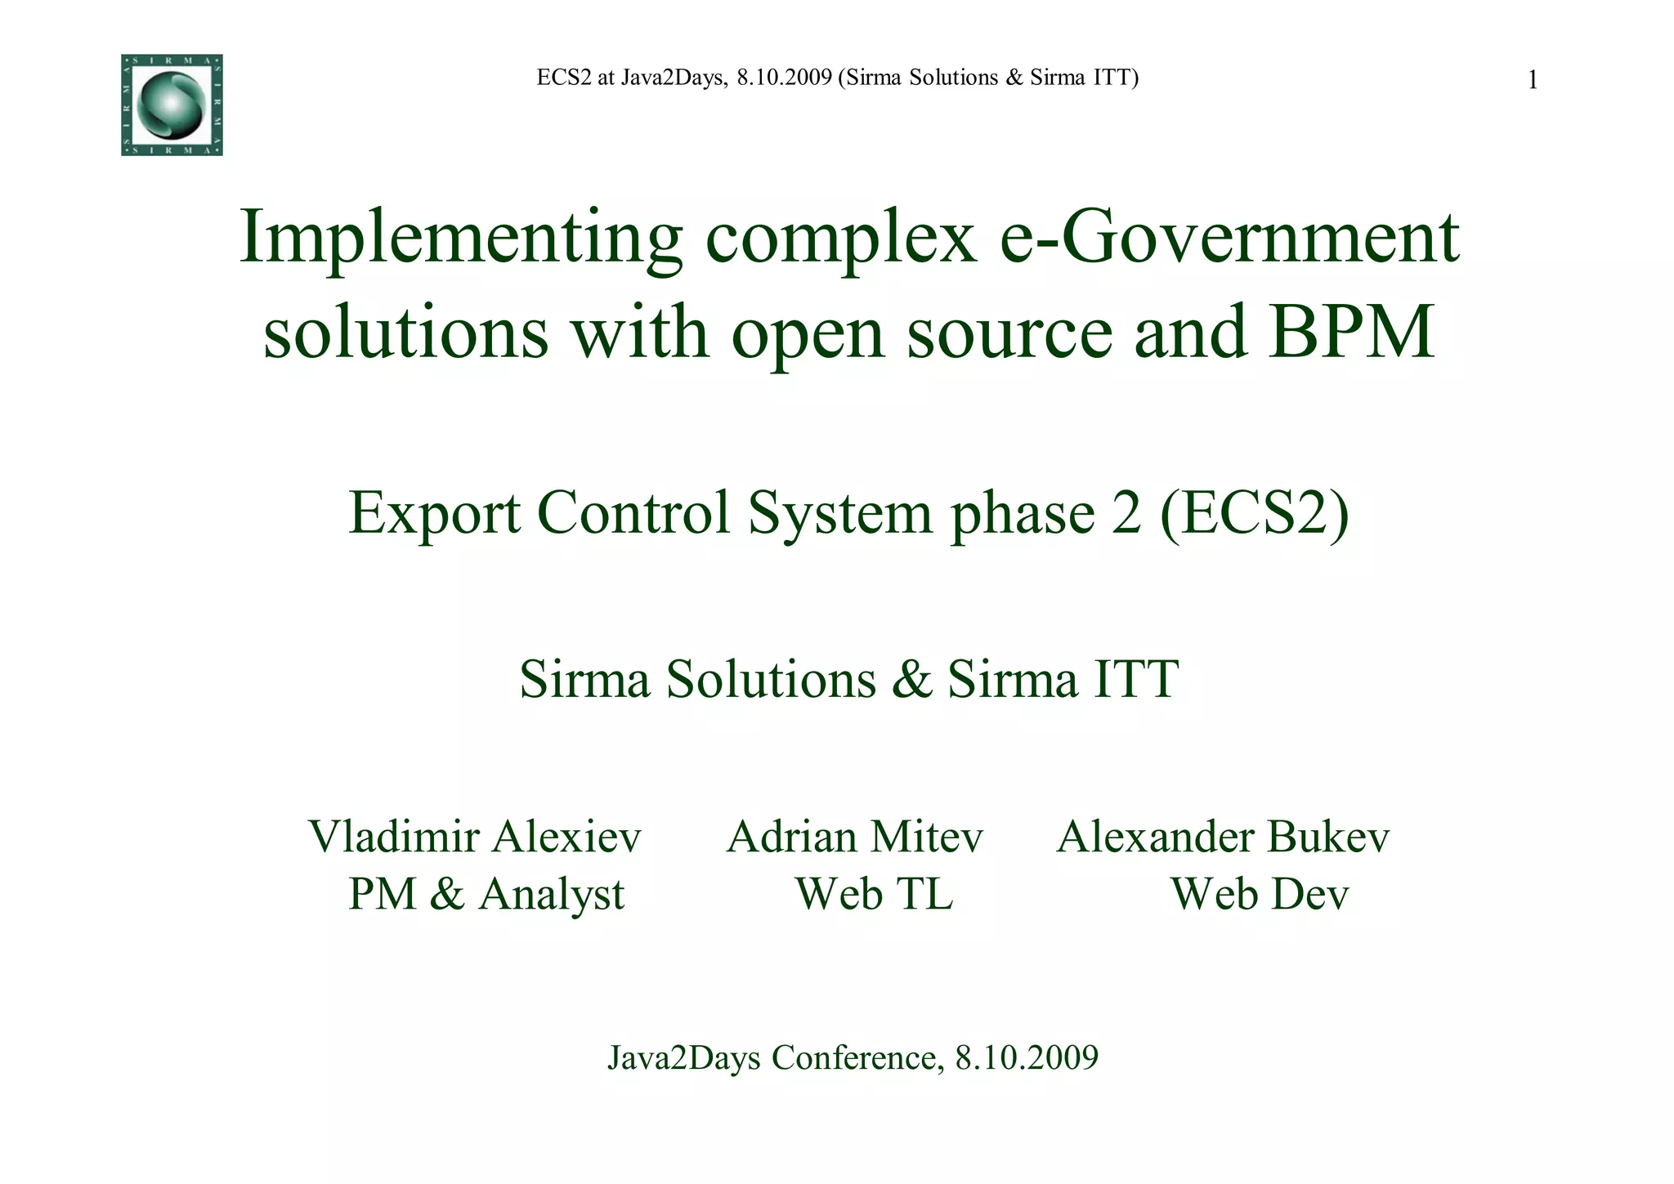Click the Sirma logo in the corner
click(172, 105)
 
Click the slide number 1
click(1533, 80)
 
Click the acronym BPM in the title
click(1351, 333)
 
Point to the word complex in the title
click(841, 239)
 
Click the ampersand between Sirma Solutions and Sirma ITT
click(912, 679)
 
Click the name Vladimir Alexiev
click(474, 838)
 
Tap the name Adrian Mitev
click(854, 838)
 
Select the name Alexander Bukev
click(1223, 838)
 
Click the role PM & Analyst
click(486, 894)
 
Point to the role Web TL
click(874, 894)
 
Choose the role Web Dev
click(1260, 894)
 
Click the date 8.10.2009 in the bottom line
click(1027, 1058)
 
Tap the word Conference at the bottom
click(854, 1058)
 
